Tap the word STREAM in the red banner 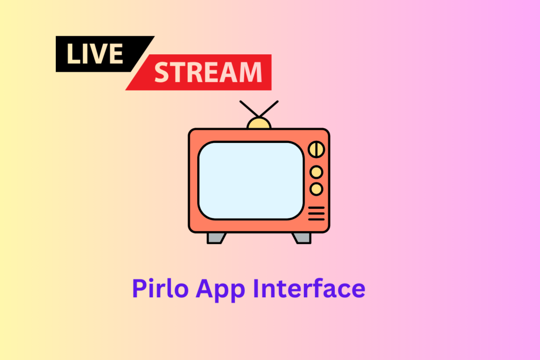(x=208, y=72)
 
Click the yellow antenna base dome (x=259, y=124)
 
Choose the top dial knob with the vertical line (x=316, y=149)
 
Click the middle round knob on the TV (x=316, y=171)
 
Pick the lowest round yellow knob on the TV (x=316, y=188)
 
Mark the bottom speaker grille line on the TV (x=316, y=219)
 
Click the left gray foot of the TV (x=216, y=238)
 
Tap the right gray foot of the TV (x=302, y=238)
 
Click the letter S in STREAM (x=163, y=72)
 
